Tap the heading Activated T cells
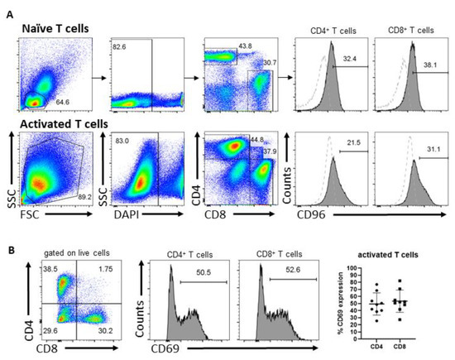[x=69, y=124]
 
